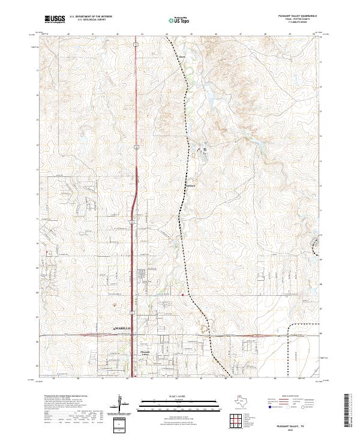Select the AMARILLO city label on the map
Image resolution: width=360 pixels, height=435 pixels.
(122, 329)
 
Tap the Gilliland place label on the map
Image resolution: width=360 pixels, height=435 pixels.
(190, 185)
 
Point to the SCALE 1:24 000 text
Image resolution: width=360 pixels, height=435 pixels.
(180, 396)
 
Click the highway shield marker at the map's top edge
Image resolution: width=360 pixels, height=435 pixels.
(137, 44)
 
